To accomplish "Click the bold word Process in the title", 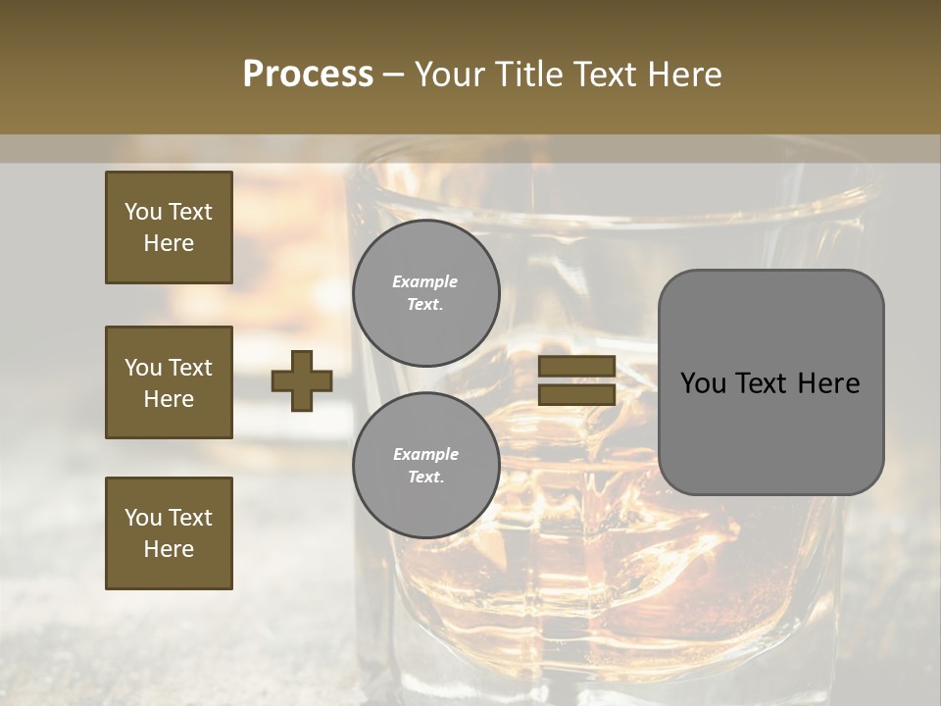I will point(308,75).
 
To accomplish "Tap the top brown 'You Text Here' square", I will point(169,227).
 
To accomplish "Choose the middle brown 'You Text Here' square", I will point(169,382).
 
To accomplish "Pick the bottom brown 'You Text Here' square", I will point(169,533).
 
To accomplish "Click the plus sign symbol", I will point(302,380).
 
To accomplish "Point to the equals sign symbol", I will point(577,380).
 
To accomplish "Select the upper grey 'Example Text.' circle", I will point(426,293).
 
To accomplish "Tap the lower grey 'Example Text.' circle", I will point(426,466).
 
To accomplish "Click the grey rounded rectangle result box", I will point(771,382).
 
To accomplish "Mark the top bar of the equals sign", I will point(577,367).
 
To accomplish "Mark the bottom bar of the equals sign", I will point(577,394).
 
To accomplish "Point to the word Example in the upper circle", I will point(425,282).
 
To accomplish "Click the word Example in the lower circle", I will point(425,455).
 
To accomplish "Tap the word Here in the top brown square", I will point(169,243).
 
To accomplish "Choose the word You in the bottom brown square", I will point(143,518).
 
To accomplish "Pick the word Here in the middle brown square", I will point(169,399).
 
